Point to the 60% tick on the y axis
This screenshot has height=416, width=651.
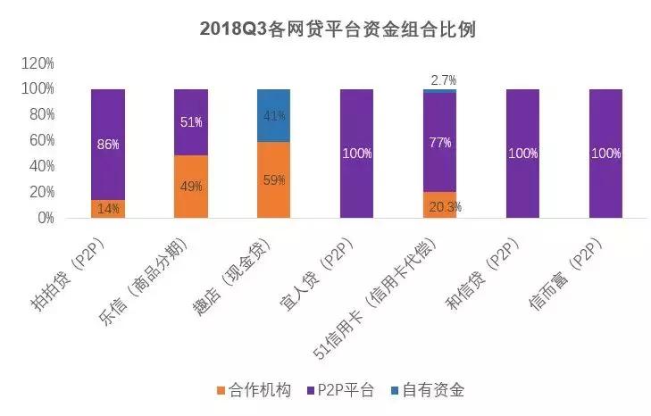click(40, 141)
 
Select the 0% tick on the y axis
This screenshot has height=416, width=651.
click(45, 218)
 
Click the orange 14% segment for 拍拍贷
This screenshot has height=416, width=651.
click(108, 209)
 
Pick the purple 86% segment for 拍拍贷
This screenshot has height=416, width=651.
click(108, 145)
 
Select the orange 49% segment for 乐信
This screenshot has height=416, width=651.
click(190, 187)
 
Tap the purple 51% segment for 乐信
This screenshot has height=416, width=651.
click(190, 122)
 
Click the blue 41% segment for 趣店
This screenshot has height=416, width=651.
click(273, 115)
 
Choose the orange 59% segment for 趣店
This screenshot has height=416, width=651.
click(273, 179)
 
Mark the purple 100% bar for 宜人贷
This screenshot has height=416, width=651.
click(356, 154)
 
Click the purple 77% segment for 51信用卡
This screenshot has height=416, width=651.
click(438, 141)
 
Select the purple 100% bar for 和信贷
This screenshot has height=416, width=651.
click(522, 154)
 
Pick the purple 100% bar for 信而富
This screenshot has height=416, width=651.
click(605, 154)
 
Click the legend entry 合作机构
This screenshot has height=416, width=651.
click(253, 390)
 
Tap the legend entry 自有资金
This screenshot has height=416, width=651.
click(426, 390)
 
